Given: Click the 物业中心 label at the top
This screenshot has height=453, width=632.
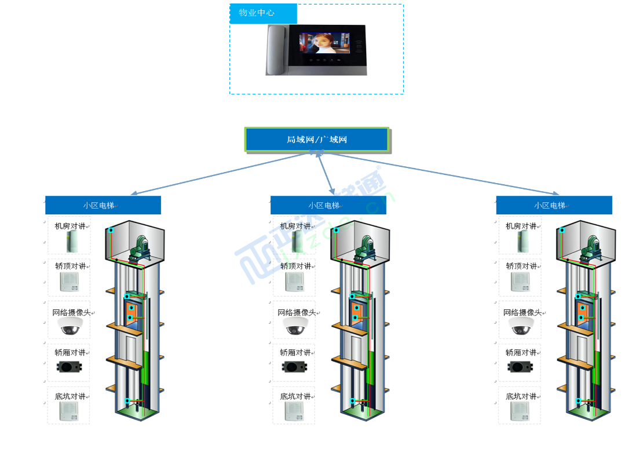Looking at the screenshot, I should pyautogui.click(x=257, y=13).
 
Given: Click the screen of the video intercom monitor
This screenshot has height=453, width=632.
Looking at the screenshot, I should pyautogui.click(x=324, y=44).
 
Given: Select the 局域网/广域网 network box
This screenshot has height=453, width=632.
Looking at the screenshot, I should pyautogui.click(x=316, y=140).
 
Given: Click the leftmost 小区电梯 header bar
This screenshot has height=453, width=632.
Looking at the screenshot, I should pyautogui.click(x=103, y=205).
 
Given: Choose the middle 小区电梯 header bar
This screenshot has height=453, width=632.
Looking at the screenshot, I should pyautogui.click(x=328, y=205).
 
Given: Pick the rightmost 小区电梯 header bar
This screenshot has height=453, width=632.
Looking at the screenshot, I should pyautogui.click(x=554, y=205).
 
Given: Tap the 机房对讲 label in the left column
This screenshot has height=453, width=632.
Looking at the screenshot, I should pyautogui.click(x=70, y=226).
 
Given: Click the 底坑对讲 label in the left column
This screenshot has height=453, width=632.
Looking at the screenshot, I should pyautogui.click(x=70, y=396).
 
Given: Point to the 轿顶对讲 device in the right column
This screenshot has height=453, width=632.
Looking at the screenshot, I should pyautogui.click(x=520, y=282).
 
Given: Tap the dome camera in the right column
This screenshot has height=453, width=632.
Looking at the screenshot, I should pyautogui.click(x=521, y=327).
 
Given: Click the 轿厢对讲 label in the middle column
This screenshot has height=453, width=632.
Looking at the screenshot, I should pyautogui.click(x=295, y=352).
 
